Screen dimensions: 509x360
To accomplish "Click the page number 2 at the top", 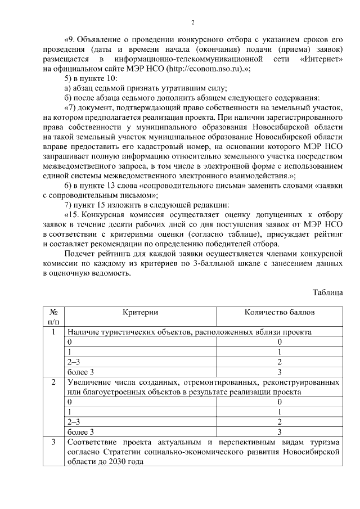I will click(192, 22).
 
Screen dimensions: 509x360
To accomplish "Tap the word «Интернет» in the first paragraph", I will click(319, 59).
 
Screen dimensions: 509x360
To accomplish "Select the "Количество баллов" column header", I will click(280, 312).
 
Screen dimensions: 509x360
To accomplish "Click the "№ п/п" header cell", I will click(53, 317).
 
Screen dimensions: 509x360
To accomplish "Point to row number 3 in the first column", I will click(53, 442).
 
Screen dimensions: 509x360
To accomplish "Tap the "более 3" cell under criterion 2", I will click(80, 432).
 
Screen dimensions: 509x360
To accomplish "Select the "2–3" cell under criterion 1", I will click(74, 362).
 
